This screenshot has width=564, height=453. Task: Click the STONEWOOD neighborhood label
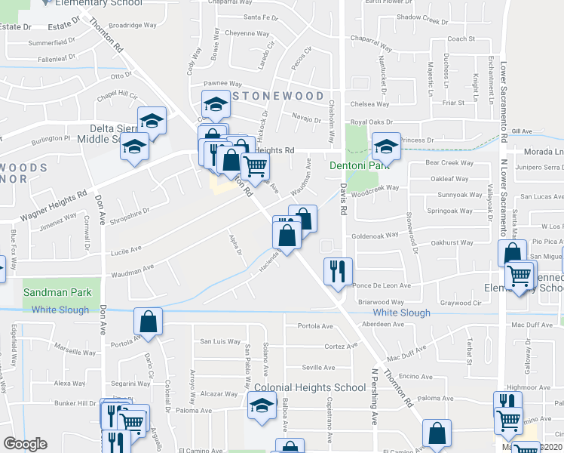pyautogui.click(x=279, y=96)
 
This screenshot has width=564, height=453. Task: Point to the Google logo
pyautogui.click(x=25, y=444)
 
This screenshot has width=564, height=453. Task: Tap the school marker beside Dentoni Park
pyautogui.click(x=386, y=145)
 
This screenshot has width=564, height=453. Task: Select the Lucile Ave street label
pyautogui.click(x=126, y=248)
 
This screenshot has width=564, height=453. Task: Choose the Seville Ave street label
pyautogui.click(x=317, y=367)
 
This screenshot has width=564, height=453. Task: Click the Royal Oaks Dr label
pyautogui.click(x=372, y=122)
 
